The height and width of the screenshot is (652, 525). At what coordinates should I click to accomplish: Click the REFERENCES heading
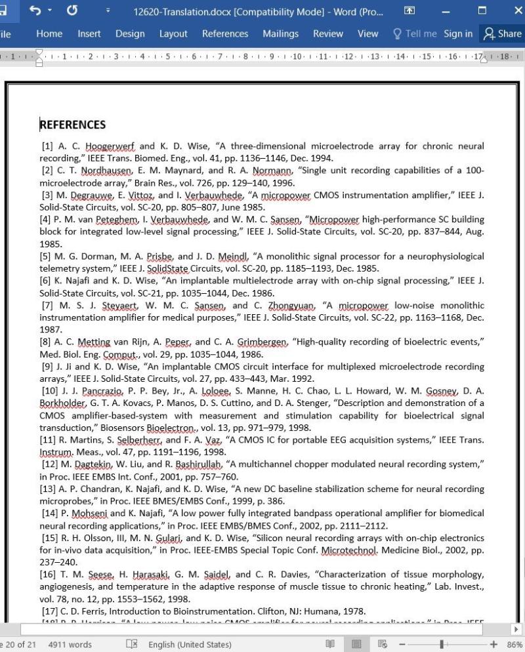(73, 125)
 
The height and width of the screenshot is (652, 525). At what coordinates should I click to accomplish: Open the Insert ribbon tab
(89, 34)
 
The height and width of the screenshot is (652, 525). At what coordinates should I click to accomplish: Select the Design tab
(130, 34)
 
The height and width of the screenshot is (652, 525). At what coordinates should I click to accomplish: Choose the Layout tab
(173, 34)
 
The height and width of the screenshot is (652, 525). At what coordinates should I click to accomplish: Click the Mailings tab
(280, 34)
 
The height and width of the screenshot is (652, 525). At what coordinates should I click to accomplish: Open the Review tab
(327, 34)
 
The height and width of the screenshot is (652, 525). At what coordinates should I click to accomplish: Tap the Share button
(503, 34)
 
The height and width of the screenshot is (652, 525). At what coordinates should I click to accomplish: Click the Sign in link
(457, 34)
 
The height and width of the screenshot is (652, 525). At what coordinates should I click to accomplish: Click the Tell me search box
(415, 34)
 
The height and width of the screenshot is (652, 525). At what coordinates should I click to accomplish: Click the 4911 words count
(70, 644)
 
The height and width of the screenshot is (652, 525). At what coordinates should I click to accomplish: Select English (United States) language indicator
(190, 644)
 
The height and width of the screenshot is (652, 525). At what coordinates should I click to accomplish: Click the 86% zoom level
(514, 644)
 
